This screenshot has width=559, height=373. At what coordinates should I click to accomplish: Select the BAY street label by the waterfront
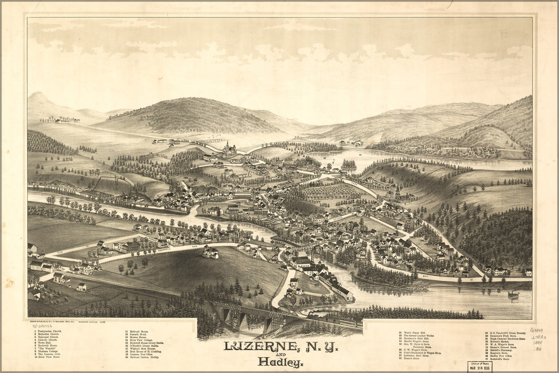click(x=425, y=276)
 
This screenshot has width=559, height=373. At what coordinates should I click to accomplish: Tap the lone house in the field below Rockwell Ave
click(x=211, y=253)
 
